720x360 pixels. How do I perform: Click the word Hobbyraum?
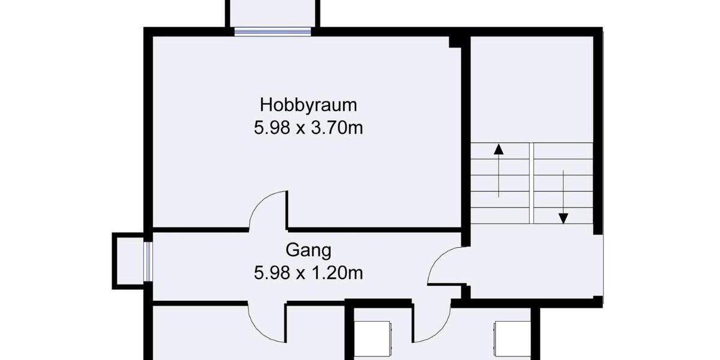308,105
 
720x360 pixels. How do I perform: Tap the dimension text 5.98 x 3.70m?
308,128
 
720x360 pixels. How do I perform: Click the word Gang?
308,250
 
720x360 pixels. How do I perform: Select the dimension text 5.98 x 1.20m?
308,273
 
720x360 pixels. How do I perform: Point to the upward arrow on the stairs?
499,171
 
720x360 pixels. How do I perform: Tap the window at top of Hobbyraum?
272,32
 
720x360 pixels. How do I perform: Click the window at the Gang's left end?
148,261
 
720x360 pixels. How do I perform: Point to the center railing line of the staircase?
532,182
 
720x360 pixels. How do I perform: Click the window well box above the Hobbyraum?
272,13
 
